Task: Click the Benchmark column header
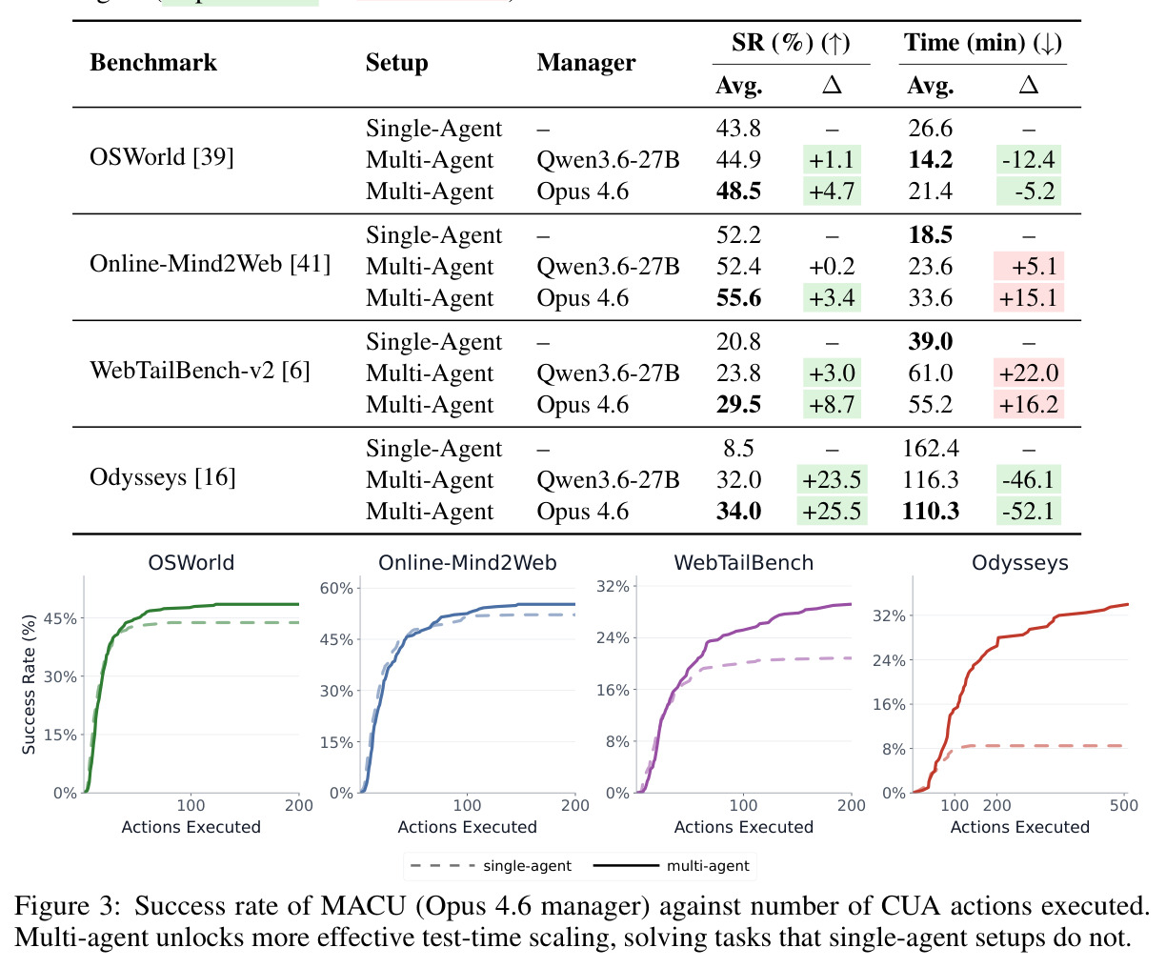click(x=153, y=63)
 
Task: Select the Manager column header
click(x=586, y=63)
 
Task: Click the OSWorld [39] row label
click(x=161, y=157)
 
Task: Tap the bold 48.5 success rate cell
click(x=738, y=192)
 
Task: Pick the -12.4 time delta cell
click(x=1028, y=160)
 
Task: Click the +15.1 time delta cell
click(x=1028, y=297)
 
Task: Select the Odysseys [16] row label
click(x=163, y=477)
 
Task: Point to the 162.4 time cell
click(x=931, y=449)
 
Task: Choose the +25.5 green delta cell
click(x=832, y=511)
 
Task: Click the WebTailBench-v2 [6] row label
click(x=199, y=371)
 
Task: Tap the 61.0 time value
click(x=931, y=373)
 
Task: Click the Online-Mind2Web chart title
click(x=468, y=562)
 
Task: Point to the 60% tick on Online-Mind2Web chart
click(x=336, y=588)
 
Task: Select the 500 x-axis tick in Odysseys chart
click(x=1124, y=805)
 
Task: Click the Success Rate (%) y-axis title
click(x=29, y=684)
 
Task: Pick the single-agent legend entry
click(x=491, y=866)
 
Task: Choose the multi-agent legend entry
click(x=671, y=866)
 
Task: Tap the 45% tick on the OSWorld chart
click(x=60, y=619)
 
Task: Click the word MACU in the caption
click(x=363, y=906)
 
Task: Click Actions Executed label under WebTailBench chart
click(x=743, y=827)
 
